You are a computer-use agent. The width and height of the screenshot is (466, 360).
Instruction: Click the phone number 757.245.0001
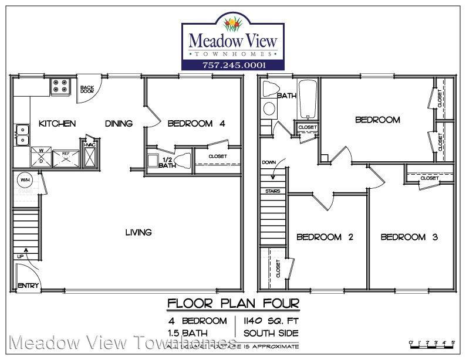[x=234, y=64]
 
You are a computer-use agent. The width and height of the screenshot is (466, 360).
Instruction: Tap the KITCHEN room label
[x=58, y=124]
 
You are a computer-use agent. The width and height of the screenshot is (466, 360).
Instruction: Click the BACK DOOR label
[x=87, y=90]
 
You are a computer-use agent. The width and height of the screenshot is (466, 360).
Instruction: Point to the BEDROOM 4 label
[x=196, y=124]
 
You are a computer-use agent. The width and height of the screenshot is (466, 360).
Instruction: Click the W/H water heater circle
[x=25, y=180]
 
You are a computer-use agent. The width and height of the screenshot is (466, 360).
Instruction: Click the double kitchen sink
[x=22, y=134]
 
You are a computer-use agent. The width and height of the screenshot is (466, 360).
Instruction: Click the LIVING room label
[x=139, y=232]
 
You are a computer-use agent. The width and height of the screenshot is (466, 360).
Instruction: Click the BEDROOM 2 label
[x=325, y=237]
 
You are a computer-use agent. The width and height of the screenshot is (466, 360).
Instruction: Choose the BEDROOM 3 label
[x=410, y=237]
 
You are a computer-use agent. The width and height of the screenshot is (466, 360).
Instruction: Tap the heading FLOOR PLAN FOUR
[x=233, y=304]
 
